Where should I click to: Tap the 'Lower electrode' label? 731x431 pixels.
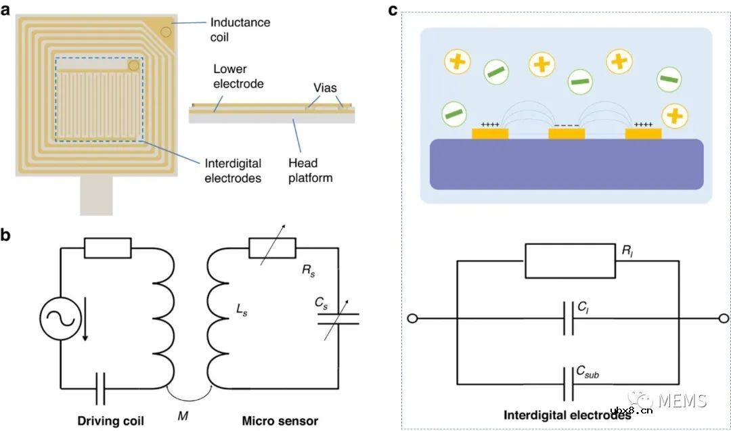click(x=238, y=76)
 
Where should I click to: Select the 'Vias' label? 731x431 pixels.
click(x=325, y=88)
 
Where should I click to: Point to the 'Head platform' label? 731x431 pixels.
click(x=311, y=171)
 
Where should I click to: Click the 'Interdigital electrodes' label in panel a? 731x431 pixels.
click(x=233, y=171)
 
